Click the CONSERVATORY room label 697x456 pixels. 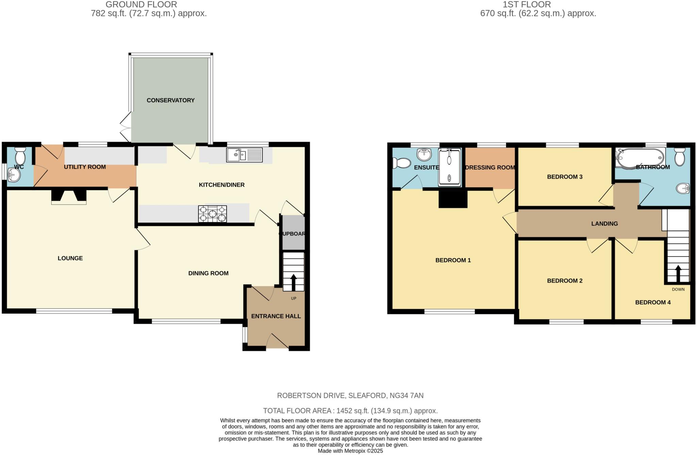coord(171,100)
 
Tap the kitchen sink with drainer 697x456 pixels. coord(244,155)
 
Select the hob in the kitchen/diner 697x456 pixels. coord(213,214)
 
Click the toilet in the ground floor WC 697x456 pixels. coord(20,156)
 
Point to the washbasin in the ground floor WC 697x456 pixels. coord(15,176)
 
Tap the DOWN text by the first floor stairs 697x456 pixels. coord(678,289)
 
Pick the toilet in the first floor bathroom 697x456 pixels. coord(679,157)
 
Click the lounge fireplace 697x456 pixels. coord(69,197)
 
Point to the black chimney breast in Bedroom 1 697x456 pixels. coord(453,199)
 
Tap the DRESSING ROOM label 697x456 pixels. coord(490,168)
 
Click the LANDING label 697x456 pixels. coord(604,224)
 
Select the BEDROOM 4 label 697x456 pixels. coord(653,302)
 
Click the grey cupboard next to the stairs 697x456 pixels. coord(293,233)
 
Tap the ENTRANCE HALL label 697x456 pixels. coord(276,316)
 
